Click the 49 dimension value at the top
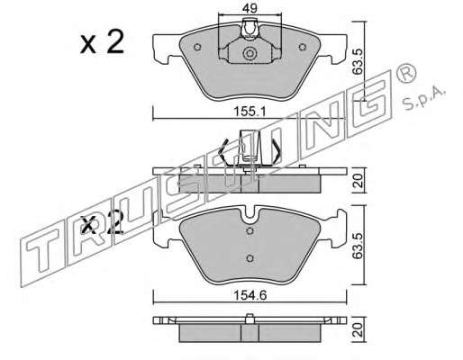[250, 8]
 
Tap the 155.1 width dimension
[250, 112]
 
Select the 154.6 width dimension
[250, 296]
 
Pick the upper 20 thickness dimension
[359, 181]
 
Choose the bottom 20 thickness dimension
[359, 330]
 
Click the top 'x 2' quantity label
[102, 42]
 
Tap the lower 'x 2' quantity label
[103, 223]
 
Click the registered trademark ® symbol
[406, 74]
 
